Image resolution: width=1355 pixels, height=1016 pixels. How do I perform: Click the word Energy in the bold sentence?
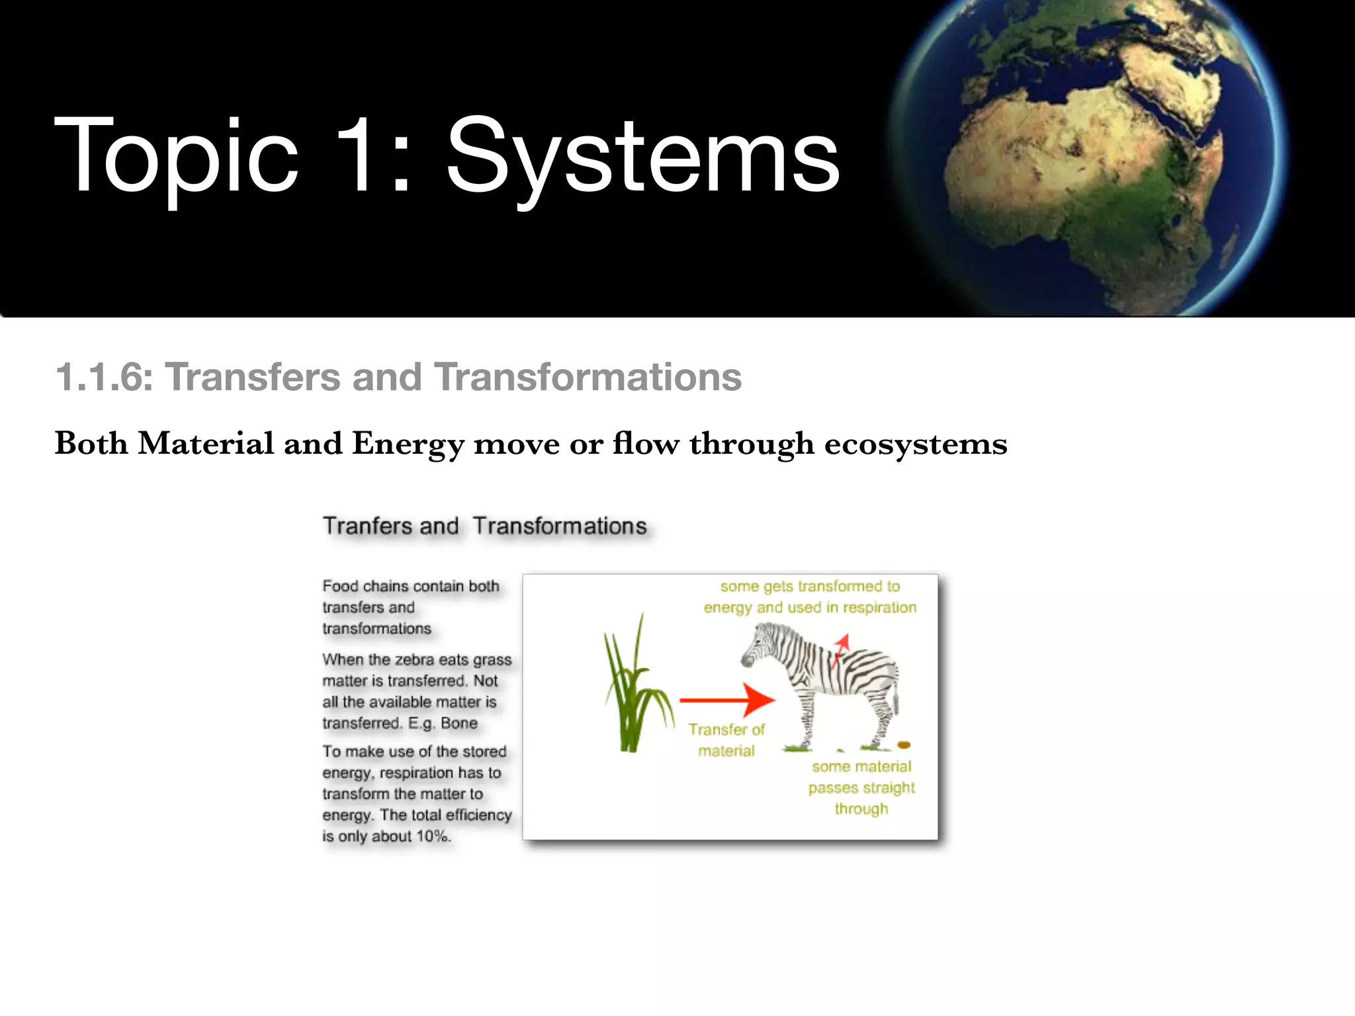[408, 444]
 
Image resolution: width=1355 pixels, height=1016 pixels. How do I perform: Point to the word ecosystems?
[916, 444]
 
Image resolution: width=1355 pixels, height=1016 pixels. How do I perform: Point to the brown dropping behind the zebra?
[904, 745]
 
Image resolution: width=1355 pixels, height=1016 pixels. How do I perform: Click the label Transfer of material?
[726, 740]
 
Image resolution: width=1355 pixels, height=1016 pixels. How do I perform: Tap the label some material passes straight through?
[861, 787]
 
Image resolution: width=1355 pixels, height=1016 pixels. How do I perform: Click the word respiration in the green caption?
[879, 607]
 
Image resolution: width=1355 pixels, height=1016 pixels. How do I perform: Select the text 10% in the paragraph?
[433, 836]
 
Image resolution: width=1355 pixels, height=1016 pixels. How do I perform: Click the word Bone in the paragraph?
[459, 723]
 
